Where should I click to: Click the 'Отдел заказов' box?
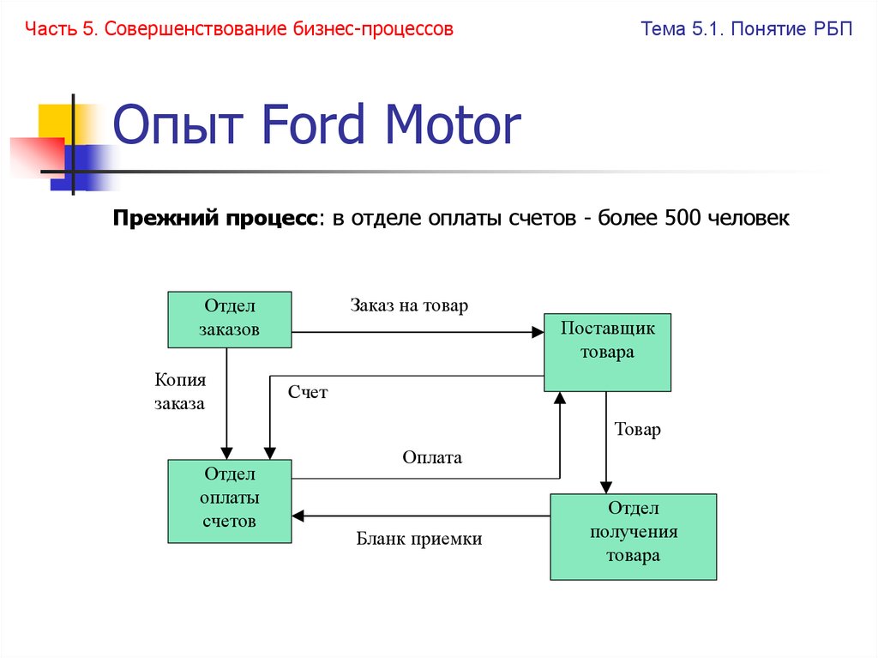(x=229, y=319)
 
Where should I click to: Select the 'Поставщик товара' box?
(x=607, y=352)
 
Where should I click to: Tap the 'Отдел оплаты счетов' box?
(x=229, y=501)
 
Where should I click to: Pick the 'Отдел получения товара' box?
(x=633, y=536)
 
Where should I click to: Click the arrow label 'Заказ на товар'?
(x=409, y=305)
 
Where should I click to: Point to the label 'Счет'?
(x=308, y=393)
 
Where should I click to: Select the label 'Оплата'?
(x=432, y=457)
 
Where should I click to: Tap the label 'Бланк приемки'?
(x=419, y=539)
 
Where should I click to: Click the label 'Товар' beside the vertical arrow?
(x=638, y=430)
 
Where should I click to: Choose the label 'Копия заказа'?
(x=180, y=391)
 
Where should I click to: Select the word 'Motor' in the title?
(x=453, y=126)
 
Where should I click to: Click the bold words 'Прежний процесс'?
(x=215, y=219)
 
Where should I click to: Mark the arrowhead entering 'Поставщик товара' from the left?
(x=538, y=332)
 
